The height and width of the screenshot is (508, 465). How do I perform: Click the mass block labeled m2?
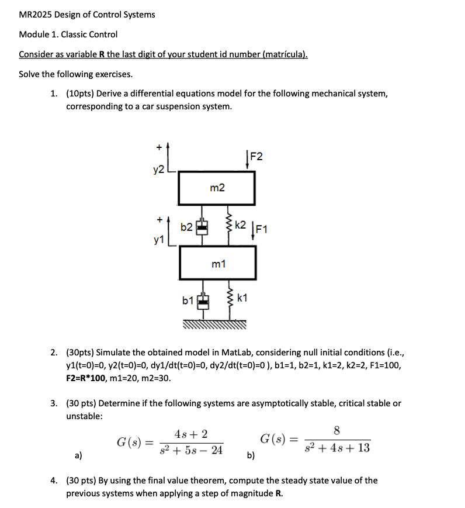(x=217, y=188)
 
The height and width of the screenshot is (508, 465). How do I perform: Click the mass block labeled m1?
(x=217, y=263)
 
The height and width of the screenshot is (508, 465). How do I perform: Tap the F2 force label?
(x=256, y=156)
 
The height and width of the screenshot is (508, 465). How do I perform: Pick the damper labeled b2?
(x=202, y=226)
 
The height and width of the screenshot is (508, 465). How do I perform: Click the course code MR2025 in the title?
(x=36, y=15)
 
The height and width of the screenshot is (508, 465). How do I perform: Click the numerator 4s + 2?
(x=190, y=434)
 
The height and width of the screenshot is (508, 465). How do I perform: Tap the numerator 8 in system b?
(x=336, y=431)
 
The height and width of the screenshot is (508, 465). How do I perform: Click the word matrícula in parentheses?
(x=284, y=54)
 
